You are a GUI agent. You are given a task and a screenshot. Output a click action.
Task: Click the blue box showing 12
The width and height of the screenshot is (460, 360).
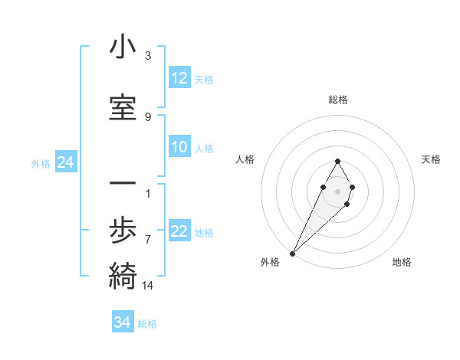(x=179, y=78)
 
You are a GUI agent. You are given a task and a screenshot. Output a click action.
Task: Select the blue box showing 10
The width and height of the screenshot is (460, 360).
(x=179, y=148)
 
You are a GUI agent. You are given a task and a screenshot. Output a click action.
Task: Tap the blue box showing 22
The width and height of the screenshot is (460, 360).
(x=179, y=232)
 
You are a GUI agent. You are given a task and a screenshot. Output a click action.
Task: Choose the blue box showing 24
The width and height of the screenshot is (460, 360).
(x=65, y=162)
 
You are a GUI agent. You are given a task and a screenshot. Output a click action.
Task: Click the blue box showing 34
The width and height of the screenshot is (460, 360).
(x=123, y=322)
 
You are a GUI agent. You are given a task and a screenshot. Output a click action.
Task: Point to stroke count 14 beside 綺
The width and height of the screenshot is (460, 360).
(x=148, y=286)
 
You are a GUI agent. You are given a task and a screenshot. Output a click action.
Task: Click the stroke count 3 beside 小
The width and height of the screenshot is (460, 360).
(x=148, y=56)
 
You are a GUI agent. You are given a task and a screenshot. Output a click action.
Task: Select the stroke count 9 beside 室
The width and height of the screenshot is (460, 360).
(x=148, y=117)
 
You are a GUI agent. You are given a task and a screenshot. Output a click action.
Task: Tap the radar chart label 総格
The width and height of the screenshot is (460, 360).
(x=338, y=100)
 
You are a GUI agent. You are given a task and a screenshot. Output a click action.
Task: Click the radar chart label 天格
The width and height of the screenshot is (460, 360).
(x=432, y=159)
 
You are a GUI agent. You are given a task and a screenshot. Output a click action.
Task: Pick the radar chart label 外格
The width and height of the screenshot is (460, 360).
(x=270, y=262)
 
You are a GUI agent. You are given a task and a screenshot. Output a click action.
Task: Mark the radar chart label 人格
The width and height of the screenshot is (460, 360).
(x=245, y=159)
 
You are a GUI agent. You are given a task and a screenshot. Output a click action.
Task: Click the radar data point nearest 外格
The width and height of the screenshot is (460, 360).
(x=292, y=253)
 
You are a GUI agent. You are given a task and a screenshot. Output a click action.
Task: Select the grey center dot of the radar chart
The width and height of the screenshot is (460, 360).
(x=337, y=191)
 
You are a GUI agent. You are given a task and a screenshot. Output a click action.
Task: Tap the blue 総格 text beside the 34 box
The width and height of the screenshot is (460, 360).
(x=148, y=324)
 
